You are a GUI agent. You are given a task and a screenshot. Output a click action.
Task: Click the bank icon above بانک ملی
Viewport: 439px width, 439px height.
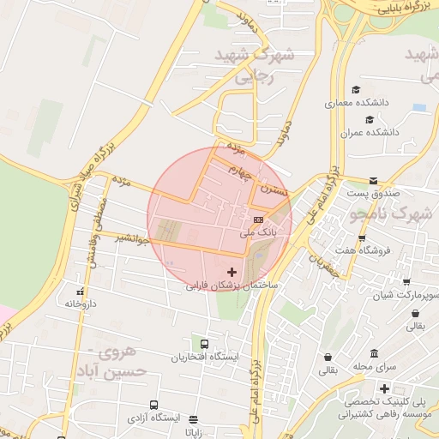coord(259,220)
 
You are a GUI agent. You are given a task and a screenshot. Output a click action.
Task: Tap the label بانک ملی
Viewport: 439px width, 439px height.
coord(259,232)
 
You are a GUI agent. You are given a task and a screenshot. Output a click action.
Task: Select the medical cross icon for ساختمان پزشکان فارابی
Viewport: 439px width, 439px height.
coord(232,272)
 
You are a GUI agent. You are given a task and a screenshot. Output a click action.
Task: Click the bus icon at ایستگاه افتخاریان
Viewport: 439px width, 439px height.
coord(203,345)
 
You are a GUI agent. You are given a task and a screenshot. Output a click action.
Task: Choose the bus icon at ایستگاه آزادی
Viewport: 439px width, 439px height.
coord(154,405)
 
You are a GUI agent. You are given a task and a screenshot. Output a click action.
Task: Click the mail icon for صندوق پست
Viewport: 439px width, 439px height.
coord(373,181)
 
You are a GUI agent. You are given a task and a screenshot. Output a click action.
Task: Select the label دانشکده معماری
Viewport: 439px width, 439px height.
coord(357,103)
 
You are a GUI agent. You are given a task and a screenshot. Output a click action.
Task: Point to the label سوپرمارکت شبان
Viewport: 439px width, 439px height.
coord(406,295)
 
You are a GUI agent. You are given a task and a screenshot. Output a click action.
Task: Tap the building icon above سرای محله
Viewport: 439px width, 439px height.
coord(374,353)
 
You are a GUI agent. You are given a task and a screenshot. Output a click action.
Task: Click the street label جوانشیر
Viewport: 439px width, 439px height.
coord(132,238)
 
